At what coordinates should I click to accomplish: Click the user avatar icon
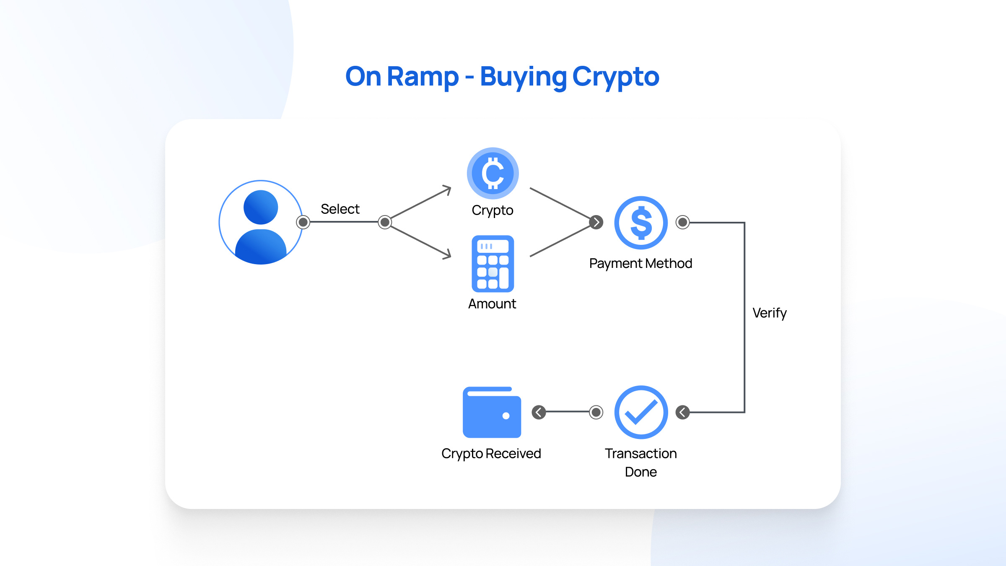(x=260, y=222)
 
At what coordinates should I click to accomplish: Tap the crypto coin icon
(x=493, y=173)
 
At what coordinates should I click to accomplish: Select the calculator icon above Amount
(x=493, y=263)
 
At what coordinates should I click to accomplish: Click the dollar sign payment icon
(x=640, y=223)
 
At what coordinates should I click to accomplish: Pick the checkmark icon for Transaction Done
(x=640, y=412)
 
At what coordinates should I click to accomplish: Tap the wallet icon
(x=492, y=412)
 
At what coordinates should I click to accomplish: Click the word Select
(x=340, y=209)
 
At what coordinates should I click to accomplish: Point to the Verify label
(x=769, y=313)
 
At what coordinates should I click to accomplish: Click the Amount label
(x=492, y=304)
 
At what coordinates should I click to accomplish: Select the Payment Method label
(x=640, y=263)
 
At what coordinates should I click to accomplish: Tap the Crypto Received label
(x=491, y=454)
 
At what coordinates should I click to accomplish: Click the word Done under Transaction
(x=640, y=472)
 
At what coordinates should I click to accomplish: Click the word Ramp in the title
(x=423, y=77)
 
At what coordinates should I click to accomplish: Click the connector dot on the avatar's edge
(x=303, y=222)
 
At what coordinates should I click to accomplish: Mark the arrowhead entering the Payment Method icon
(x=596, y=222)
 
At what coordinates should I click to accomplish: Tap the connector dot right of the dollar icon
(x=682, y=222)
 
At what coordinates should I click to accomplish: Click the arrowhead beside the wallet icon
(x=539, y=412)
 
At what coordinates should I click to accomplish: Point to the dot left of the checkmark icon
(x=596, y=412)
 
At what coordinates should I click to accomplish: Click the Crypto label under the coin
(x=493, y=210)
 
